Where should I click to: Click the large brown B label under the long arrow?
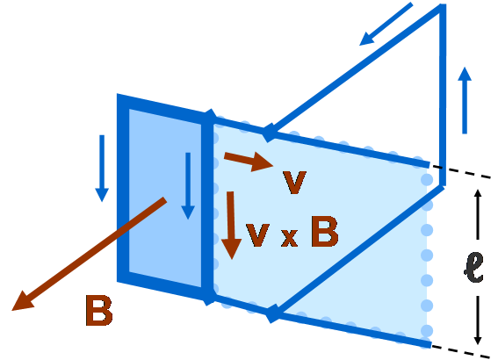(x=99, y=311)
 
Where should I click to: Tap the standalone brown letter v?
(x=294, y=182)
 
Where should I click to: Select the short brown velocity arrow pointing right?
(x=249, y=162)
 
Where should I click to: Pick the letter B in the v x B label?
(x=324, y=231)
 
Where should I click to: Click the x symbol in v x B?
(x=289, y=237)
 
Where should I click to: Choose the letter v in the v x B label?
(x=257, y=235)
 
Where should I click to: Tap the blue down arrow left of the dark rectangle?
(x=102, y=169)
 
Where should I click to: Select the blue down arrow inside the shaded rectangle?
(x=188, y=186)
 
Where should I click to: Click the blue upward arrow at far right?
(x=465, y=100)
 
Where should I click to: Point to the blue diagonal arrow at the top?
(x=386, y=24)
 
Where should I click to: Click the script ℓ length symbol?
(x=473, y=267)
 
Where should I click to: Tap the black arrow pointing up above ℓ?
(x=478, y=214)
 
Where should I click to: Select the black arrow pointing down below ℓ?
(x=478, y=320)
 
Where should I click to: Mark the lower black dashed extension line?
(x=461, y=351)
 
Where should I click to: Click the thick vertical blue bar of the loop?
(x=207, y=207)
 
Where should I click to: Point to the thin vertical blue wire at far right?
(x=443, y=95)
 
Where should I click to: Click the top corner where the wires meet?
(x=443, y=6)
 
